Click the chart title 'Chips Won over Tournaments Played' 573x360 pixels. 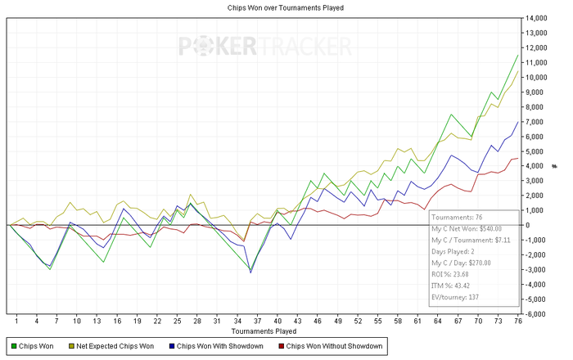coord(285,7)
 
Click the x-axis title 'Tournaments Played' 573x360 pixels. coord(263,331)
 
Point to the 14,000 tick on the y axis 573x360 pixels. coord(538,18)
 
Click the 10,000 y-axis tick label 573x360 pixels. coord(538,77)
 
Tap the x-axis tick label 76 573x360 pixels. coord(517,322)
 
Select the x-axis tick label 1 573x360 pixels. coord(16,322)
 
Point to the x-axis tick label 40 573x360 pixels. coord(277,322)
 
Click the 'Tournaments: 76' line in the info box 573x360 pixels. coord(457,217)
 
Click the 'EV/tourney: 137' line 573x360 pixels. coord(456,297)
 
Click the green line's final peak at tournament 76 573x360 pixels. coord(517,54)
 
